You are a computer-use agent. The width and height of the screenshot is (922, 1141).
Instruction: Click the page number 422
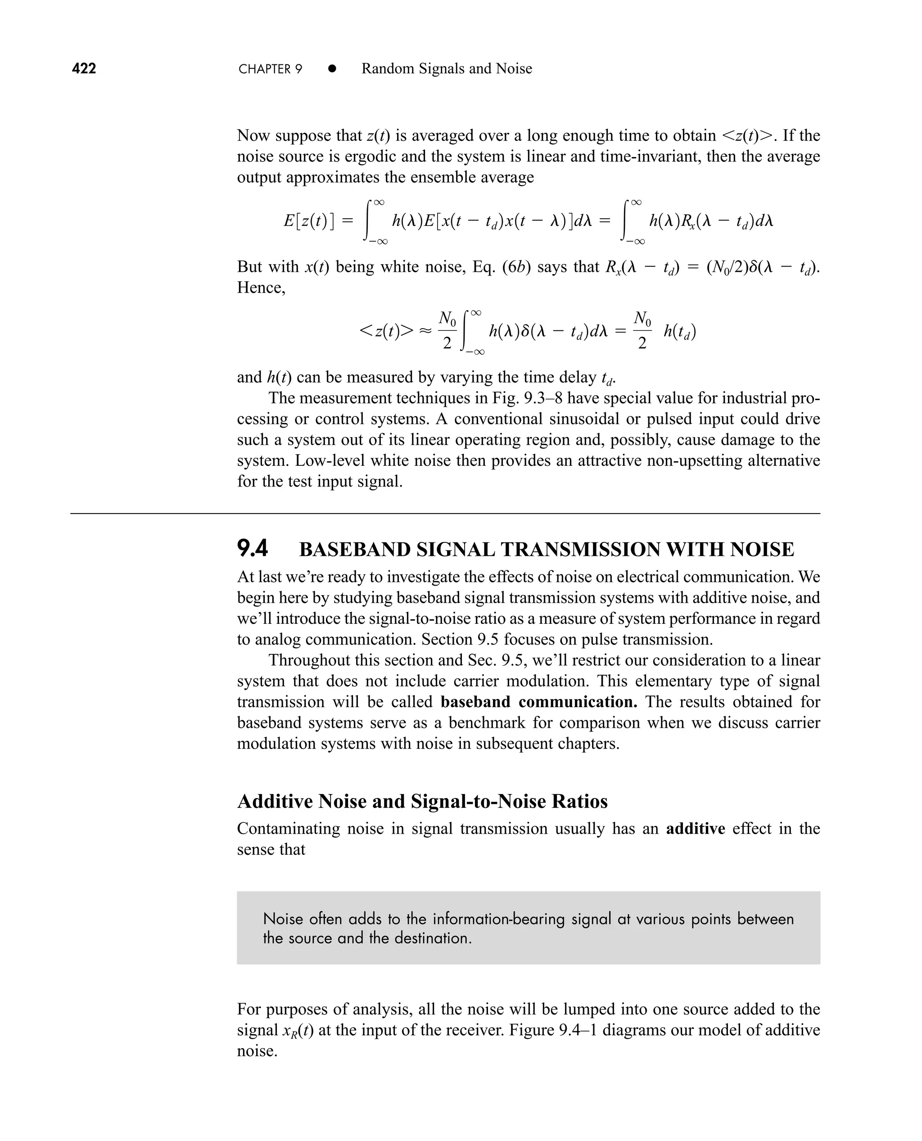[x=84, y=68]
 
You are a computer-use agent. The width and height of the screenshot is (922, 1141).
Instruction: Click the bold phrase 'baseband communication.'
[x=538, y=702]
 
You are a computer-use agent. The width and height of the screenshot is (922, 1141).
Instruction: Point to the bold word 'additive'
[x=695, y=828]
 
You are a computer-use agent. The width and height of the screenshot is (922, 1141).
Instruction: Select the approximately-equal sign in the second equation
[x=425, y=331]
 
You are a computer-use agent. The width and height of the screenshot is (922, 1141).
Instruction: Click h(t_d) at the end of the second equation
[x=679, y=331]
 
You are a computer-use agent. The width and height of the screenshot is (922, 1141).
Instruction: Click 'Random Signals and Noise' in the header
[x=447, y=68]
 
